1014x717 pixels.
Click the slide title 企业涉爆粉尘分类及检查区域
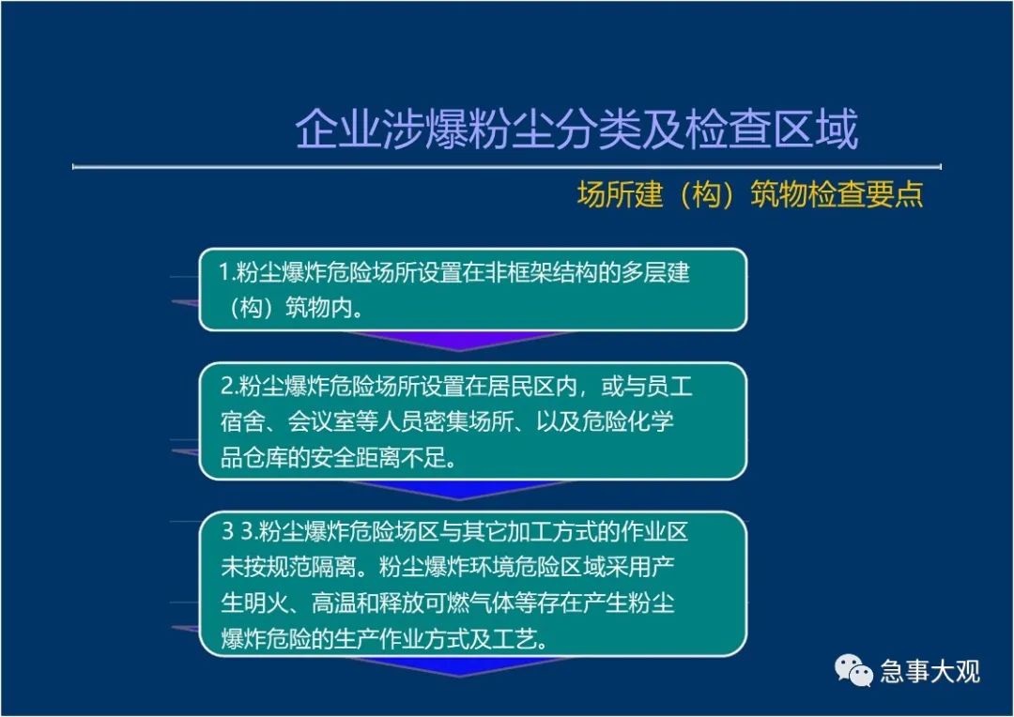[576, 129]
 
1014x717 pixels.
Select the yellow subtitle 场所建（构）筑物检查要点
[750, 194]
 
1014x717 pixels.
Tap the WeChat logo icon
[853, 670]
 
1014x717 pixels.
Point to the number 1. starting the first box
[225, 272]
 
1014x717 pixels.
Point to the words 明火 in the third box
[266, 603]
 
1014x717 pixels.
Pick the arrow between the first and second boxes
[458, 341]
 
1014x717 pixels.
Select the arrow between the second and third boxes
[458, 490]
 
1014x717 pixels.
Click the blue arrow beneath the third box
[458, 666]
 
